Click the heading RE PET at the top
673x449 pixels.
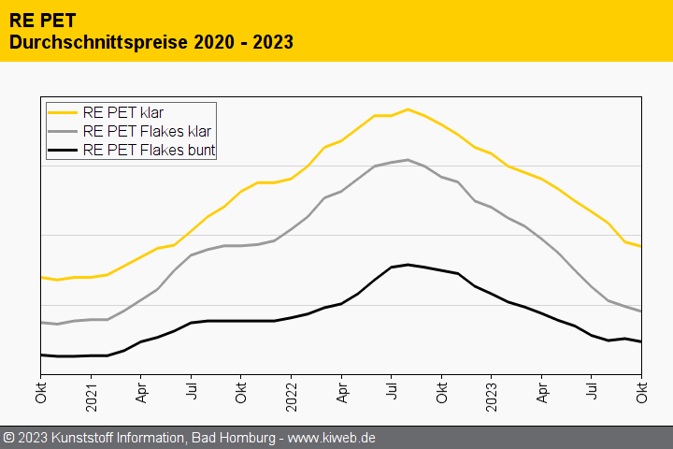click(43, 19)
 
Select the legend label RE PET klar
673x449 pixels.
click(123, 112)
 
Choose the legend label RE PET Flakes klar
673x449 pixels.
click(149, 131)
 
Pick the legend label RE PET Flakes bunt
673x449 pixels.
click(150, 150)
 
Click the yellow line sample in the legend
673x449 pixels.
click(63, 112)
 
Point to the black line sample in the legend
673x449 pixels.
click(63, 150)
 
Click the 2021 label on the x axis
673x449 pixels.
click(92, 389)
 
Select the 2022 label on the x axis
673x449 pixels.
click(292, 389)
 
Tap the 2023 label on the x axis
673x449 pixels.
click(492, 389)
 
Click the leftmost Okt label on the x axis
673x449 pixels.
click(41, 391)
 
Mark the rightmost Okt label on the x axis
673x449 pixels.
click(641, 391)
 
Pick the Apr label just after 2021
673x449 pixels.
click(141, 391)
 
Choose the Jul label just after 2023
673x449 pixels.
click(592, 391)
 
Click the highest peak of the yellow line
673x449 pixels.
click(408, 109)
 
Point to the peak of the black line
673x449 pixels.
click(408, 264)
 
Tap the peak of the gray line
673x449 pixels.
click(408, 159)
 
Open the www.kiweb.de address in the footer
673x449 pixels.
click(333, 438)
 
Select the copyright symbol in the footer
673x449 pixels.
click(8, 438)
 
